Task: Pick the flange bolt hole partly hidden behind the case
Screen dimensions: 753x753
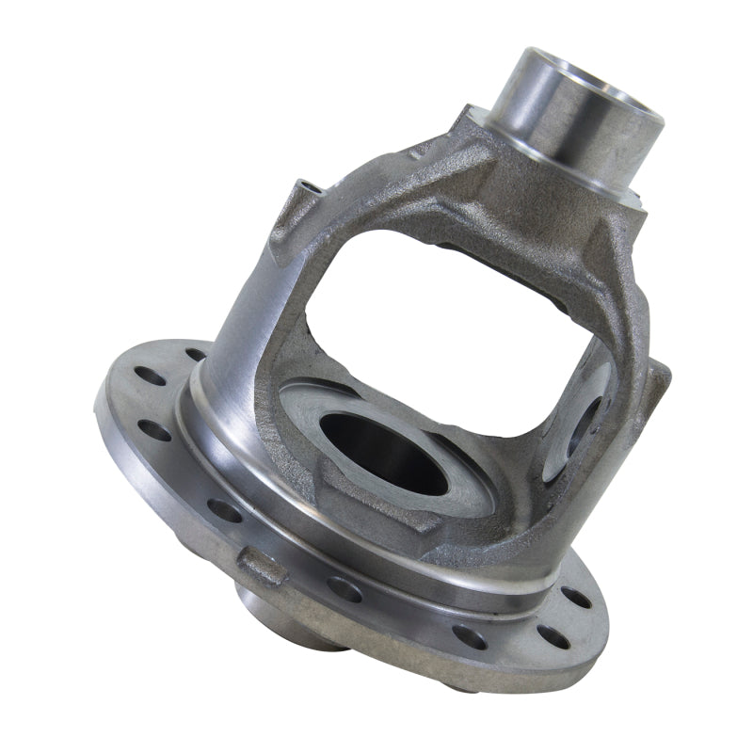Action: pos(196,355)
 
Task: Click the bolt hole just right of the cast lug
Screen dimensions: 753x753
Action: pos(344,589)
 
